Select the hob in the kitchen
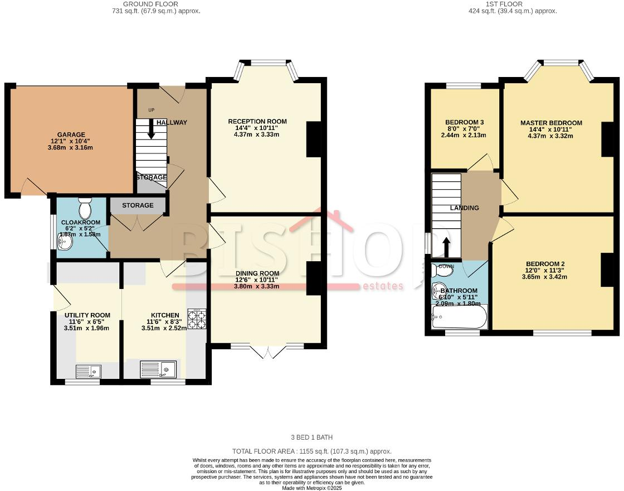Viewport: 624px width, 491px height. coord(197,319)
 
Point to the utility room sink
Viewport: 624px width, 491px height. coord(88,370)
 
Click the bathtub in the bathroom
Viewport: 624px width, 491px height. coord(459,317)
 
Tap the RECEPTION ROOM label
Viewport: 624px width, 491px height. coord(257,122)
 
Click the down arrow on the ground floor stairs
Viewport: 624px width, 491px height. coord(151,130)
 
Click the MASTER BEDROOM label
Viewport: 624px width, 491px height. coord(551,123)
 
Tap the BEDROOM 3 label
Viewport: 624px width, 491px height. coord(464,123)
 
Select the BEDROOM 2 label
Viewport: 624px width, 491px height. coord(545,264)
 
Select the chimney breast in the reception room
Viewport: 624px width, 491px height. coord(314,139)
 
